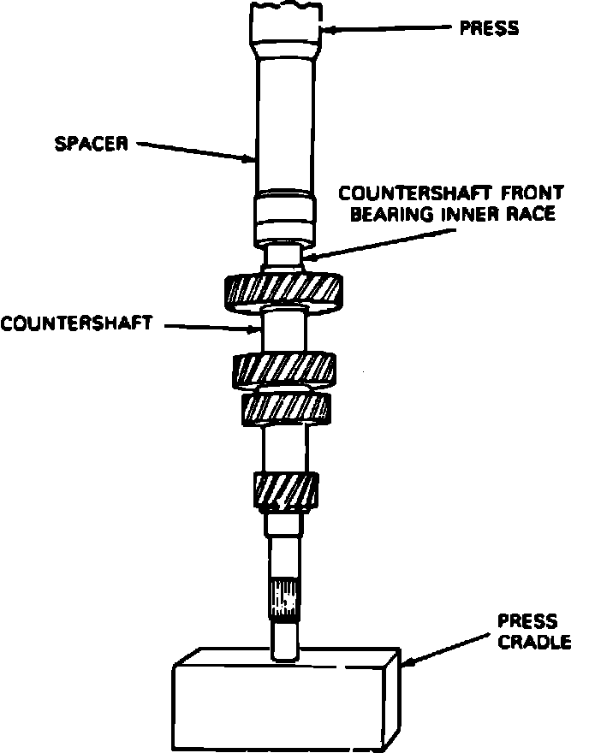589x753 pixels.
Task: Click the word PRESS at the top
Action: pos(489,28)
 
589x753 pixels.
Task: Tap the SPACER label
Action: pos(91,143)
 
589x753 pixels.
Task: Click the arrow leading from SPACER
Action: pos(197,151)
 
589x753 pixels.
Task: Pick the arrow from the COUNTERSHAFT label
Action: pos(210,326)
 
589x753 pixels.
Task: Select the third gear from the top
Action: pos(285,407)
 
